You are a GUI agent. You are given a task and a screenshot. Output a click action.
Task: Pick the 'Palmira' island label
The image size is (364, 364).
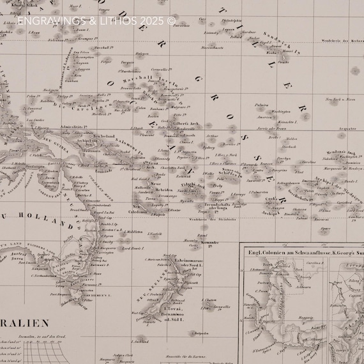tap(261, 104)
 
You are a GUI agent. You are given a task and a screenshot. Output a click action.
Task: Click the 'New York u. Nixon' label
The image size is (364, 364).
tap(341, 100)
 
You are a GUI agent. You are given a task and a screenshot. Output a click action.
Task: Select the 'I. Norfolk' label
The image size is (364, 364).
tap(154, 234)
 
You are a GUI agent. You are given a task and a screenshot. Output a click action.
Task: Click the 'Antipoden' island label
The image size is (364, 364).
tap(201, 333)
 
